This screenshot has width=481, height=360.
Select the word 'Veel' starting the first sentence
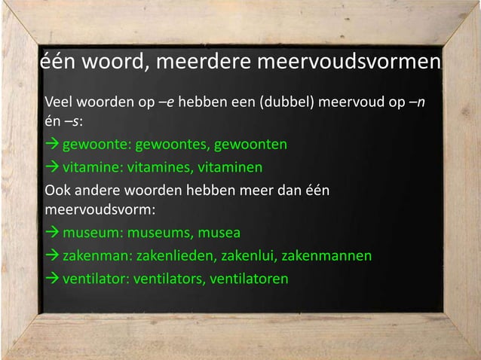59,102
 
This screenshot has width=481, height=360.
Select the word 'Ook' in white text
58,188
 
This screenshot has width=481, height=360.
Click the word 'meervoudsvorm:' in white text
94,208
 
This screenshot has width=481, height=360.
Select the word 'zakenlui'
249,256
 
